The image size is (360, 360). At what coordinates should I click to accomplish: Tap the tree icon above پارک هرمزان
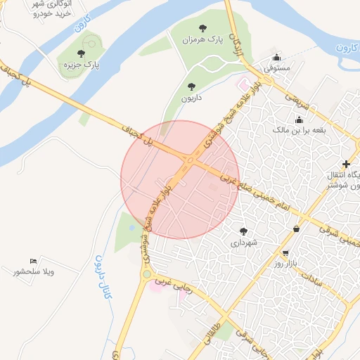click(202, 29)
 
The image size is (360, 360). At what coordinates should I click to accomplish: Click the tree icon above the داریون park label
click(191, 86)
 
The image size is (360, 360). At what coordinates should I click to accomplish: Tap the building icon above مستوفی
click(278, 58)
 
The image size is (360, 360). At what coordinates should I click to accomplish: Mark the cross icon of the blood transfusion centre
click(346, 164)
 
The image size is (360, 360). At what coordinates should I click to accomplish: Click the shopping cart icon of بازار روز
click(285, 252)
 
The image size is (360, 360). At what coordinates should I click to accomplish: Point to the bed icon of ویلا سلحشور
click(33, 261)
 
